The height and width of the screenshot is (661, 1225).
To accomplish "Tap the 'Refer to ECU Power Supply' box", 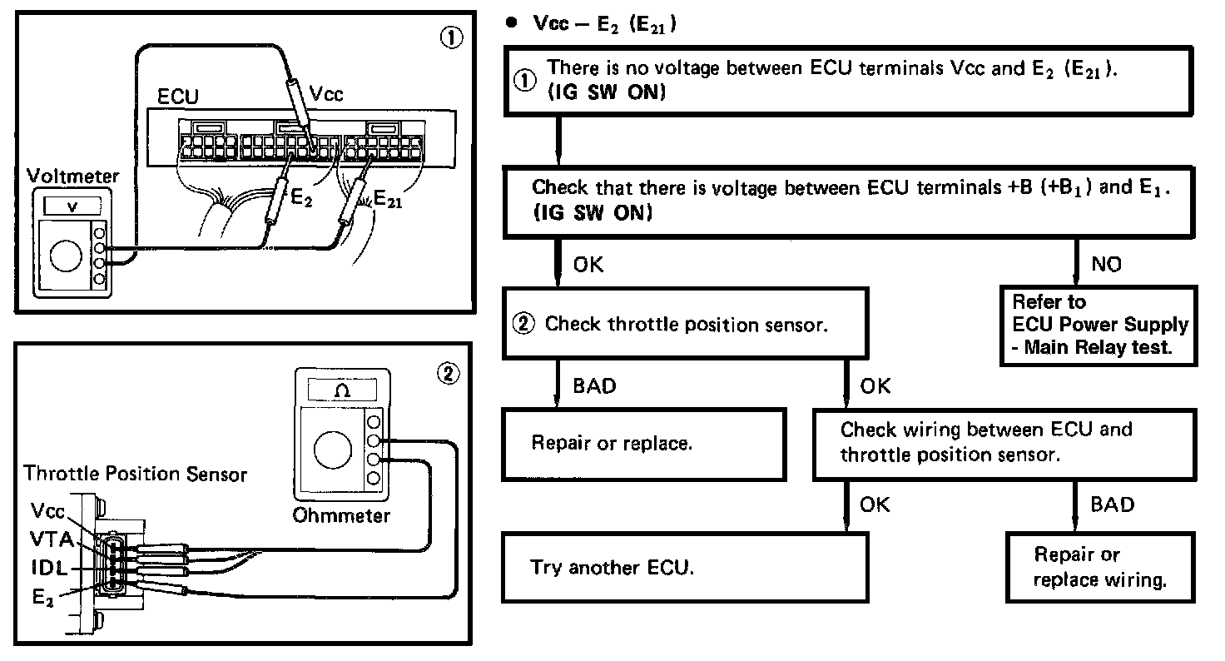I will (x=1100, y=325).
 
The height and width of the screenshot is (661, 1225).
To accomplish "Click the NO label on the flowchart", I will (x=1105, y=265).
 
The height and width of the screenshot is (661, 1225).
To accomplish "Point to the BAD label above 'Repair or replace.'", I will (x=597, y=386).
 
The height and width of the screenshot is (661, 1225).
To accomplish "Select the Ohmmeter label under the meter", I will (x=341, y=516).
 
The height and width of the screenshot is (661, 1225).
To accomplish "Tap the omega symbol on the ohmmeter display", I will (x=341, y=390).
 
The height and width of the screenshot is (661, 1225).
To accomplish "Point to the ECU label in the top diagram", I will (x=177, y=97).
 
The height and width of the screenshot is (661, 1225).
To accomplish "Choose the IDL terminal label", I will (x=50, y=568).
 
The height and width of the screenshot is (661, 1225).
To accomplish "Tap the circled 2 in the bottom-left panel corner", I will (x=449, y=374).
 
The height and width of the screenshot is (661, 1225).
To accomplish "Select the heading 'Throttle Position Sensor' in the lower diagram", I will (x=136, y=475).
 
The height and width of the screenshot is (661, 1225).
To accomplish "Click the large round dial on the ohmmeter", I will (x=331, y=450).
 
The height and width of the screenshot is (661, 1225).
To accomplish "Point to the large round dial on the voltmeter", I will (x=66, y=257).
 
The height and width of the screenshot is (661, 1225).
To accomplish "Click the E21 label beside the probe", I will (x=388, y=200).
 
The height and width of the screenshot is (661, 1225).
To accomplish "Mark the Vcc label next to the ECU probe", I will (x=325, y=94).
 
